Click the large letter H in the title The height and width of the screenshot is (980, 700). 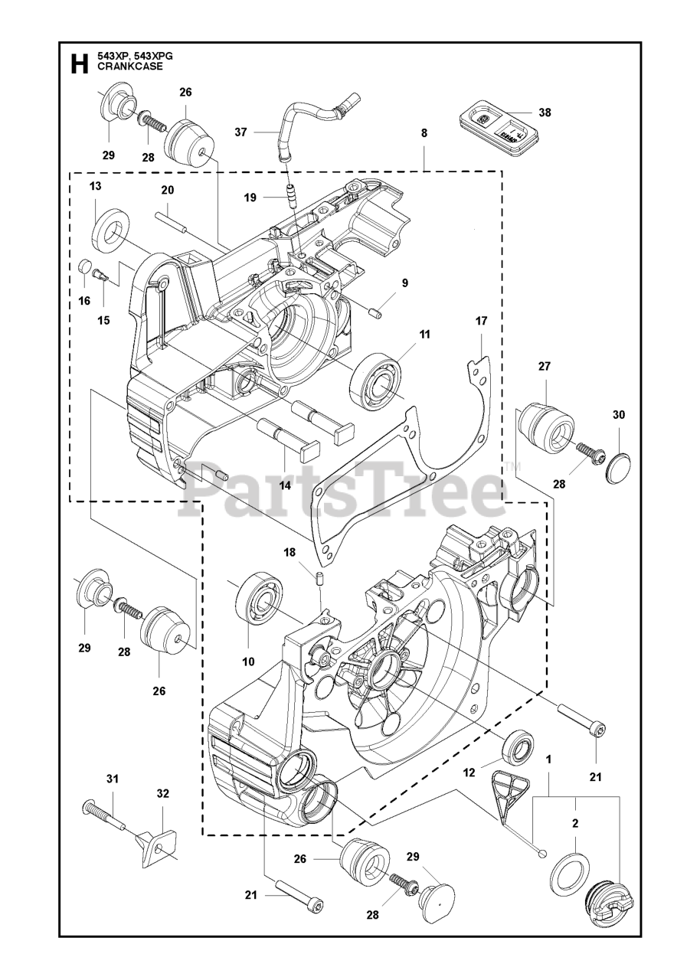pos(78,64)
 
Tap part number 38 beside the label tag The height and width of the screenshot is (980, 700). pos(545,112)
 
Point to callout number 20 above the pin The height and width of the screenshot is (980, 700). pos(168,189)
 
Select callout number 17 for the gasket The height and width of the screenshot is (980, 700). pos(481,321)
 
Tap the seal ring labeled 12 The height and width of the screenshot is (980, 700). pos(518,746)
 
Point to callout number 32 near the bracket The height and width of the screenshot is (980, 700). pos(162,793)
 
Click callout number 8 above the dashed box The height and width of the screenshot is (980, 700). pos(424,132)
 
